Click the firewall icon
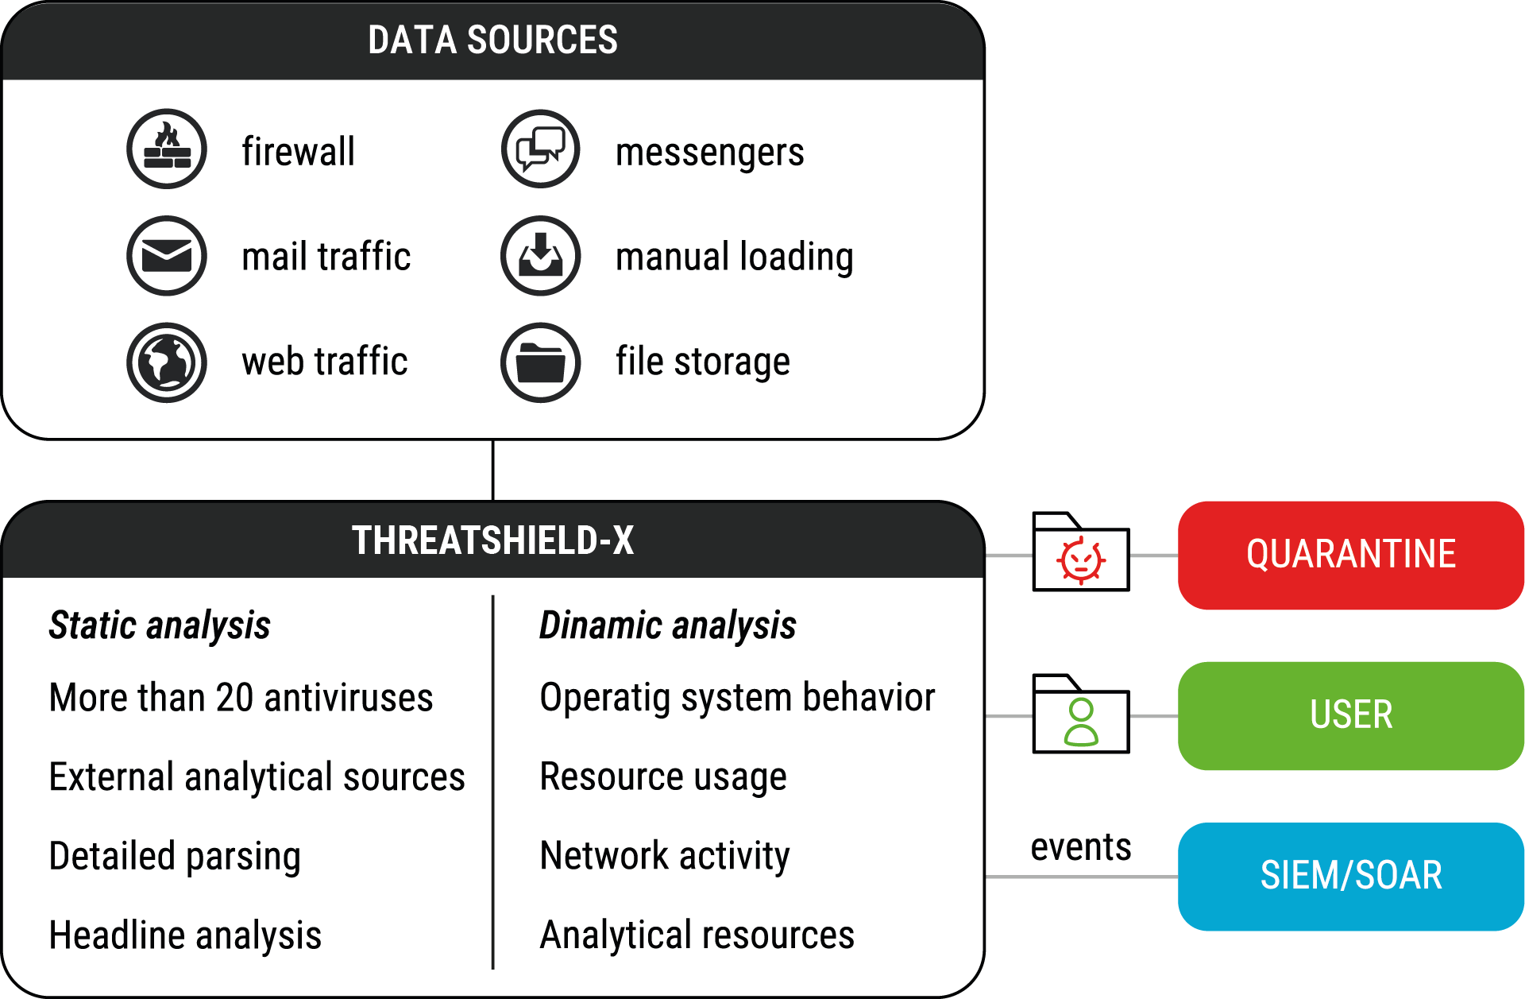(x=167, y=149)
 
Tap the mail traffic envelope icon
(x=167, y=256)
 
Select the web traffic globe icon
(x=167, y=362)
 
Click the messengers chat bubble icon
(x=541, y=149)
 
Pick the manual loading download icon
(x=541, y=256)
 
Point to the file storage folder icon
(x=541, y=362)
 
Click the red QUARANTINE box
(x=1350, y=555)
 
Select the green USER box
(x=1350, y=715)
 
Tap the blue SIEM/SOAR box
(x=1350, y=876)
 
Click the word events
(x=1080, y=847)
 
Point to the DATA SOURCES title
(x=492, y=41)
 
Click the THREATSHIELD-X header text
(x=492, y=540)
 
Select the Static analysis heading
(x=160, y=625)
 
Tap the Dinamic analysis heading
(x=667, y=625)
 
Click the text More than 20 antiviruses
(x=241, y=698)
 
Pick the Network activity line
(x=665, y=856)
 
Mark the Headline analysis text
(x=185, y=935)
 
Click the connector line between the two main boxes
(x=493, y=470)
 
